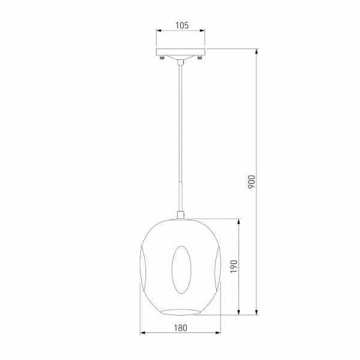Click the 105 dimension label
tap(182, 25)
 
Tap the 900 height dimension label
tap(251, 182)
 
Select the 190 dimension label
tap(234, 266)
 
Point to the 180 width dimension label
tap(181, 328)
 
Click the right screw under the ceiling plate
tap(199, 58)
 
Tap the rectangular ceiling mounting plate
tap(181, 52)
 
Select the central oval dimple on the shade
tap(181, 270)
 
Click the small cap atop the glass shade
tap(181, 215)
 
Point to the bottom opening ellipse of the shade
tap(181, 312)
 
